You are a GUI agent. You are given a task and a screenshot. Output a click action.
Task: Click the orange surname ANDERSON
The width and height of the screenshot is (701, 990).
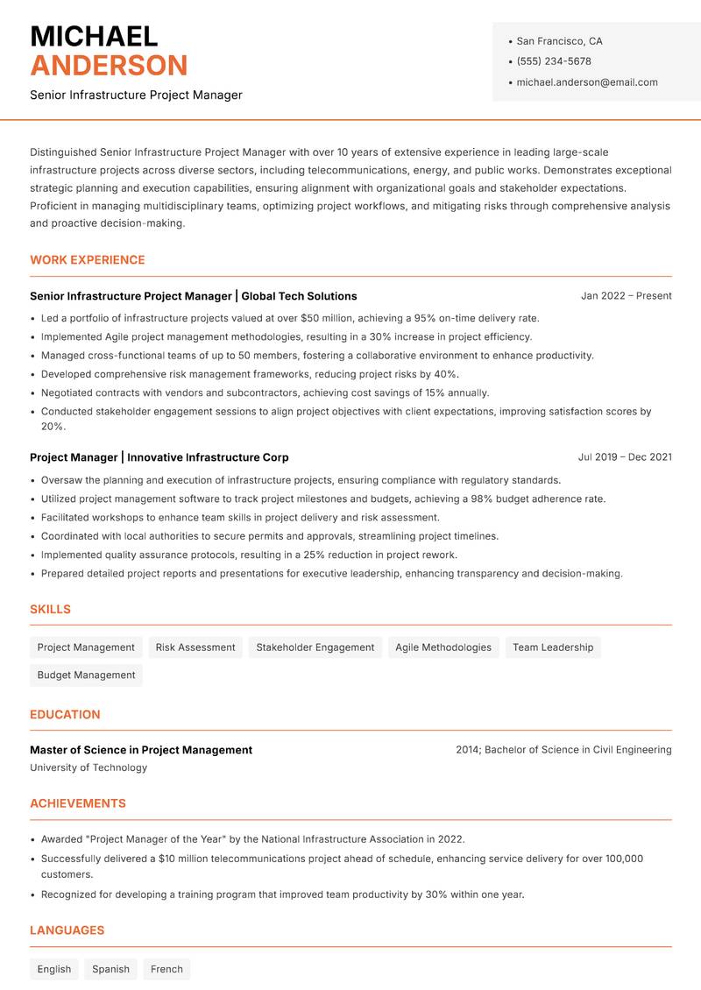click(109, 66)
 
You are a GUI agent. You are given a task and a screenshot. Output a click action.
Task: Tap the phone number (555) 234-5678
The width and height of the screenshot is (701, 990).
click(553, 61)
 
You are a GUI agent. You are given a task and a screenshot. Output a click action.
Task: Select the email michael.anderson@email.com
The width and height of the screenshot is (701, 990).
click(586, 82)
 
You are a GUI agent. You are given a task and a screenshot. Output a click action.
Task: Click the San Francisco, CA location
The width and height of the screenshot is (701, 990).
click(559, 41)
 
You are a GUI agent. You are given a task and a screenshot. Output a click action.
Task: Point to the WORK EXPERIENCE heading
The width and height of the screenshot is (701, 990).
click(88, 260)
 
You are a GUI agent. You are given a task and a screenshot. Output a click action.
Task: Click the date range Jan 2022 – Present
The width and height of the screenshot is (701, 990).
click(626, 296)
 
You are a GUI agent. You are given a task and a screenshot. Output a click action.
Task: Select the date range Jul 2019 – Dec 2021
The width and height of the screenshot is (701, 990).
click(625, 457)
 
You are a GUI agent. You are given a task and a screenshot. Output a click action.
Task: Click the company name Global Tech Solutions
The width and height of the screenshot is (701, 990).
click(299, 296)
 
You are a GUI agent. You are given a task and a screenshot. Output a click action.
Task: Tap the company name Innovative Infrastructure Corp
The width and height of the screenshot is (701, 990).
click(208, 457)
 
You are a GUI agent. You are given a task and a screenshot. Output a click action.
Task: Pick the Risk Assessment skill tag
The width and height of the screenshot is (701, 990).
click(195, 647)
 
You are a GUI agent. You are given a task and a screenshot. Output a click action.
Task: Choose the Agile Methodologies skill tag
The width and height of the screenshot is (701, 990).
click(443, 647)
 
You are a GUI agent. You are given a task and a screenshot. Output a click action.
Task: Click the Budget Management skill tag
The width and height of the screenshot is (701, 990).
click(86, 675)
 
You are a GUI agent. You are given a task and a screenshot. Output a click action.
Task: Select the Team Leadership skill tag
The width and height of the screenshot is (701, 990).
click(552, 647)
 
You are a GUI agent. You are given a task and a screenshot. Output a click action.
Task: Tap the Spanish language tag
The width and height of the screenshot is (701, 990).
click(110, 969)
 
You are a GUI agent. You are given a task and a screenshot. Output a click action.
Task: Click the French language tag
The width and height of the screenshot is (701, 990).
click(166, 969)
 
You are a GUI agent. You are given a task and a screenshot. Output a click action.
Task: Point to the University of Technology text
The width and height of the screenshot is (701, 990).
click(89, 767)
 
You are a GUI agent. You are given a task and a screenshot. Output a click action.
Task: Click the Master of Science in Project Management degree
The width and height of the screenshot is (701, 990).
click(141, 750)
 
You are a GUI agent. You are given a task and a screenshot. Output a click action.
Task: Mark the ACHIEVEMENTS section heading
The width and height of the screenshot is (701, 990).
click(78, 803)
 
